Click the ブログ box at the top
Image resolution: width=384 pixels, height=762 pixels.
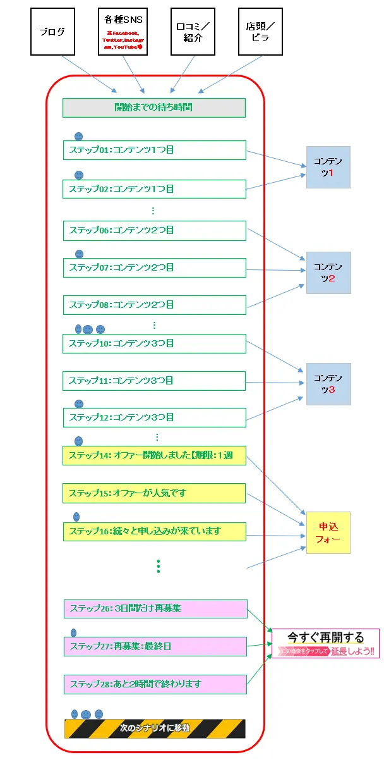tap(52, 32)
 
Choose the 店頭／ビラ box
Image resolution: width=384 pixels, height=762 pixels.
tap(260, 32)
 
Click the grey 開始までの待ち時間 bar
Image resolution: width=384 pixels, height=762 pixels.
tap(153, 108)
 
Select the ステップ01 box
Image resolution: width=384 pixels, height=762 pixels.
tap(154, 151)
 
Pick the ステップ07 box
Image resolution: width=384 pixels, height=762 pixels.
tap(154, 267)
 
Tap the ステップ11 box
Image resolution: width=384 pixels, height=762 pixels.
tap(154, 381)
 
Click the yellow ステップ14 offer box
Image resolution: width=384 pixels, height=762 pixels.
tap(154, 455)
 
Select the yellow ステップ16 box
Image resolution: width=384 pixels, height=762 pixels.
tap(154, 531)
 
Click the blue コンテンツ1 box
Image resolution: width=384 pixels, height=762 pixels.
tap(328, 167)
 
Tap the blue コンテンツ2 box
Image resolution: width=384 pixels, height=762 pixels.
tap(328, 273)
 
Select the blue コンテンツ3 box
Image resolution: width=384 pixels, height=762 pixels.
tap(328, 384)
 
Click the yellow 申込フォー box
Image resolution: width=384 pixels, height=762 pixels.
tap(328, 532)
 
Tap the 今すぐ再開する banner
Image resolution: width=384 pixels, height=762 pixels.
tap(325, 643)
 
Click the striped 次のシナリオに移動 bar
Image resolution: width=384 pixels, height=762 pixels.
tap(155, 728)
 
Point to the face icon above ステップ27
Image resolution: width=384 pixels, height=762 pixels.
tap(73, 632)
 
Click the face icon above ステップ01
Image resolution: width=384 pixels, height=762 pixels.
tap(78, 136)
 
